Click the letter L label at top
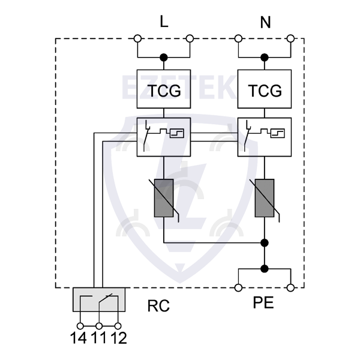164,22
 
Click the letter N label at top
265,22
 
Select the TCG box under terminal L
163,91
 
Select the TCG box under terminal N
265,91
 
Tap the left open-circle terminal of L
137,39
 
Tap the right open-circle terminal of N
291,39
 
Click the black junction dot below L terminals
163,58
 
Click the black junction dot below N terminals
265,58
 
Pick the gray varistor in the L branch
163,198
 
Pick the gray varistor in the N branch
265,198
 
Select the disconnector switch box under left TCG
163,137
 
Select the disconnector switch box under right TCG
265,137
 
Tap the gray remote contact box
99,299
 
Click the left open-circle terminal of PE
238,288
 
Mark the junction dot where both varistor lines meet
265,243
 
